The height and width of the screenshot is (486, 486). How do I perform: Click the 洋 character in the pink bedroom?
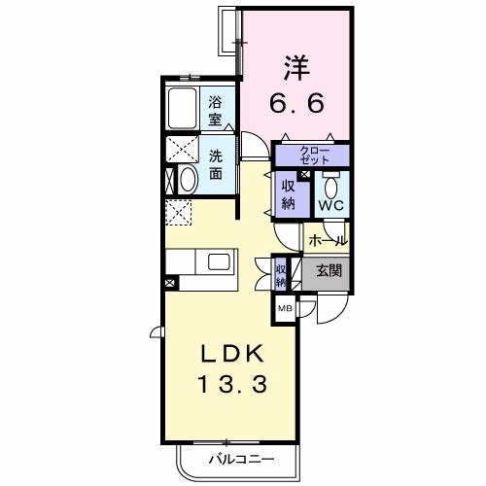click(x=296, y=68)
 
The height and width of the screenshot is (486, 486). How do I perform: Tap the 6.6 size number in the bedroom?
click(x=296, y=103)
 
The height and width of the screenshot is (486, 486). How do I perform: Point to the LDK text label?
click(x=232, y=354)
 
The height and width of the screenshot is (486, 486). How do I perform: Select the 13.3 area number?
click(x=232, y=384)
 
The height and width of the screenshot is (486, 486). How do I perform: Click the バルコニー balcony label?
click(x=241, y=459)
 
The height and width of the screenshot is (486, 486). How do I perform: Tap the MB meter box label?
click(x=285, y=308)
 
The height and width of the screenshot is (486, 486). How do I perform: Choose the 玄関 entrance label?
click(x=329, y=270)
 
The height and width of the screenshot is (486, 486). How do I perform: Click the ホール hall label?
click(x=329, y=241)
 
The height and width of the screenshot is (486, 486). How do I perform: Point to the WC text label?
click(x=331, y=205)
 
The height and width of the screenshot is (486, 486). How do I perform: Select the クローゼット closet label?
click(x=314, y=155)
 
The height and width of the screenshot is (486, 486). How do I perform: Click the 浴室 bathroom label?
click(x=215, y=111)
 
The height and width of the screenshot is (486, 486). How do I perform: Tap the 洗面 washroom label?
click(x=216, y=165)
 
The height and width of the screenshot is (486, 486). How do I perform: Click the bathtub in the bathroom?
click(x=183, y=108)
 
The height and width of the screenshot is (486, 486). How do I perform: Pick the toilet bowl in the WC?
click(x=331, y=187)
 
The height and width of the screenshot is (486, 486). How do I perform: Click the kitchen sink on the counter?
click(x=219, y=261)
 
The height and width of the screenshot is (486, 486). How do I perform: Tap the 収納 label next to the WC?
click(x=288, y=194)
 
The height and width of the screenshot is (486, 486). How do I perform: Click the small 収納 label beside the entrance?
click(x=281, y=275)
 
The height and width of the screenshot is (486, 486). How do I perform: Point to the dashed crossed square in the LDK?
click(x=179, y=213)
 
